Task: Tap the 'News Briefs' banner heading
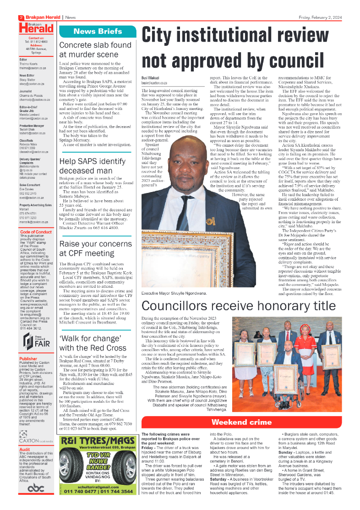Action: coord(98,32)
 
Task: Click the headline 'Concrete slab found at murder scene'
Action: coord(95,49)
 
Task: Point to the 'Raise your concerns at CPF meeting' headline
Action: coord(95,249)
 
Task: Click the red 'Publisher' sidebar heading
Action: coord(28,359)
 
